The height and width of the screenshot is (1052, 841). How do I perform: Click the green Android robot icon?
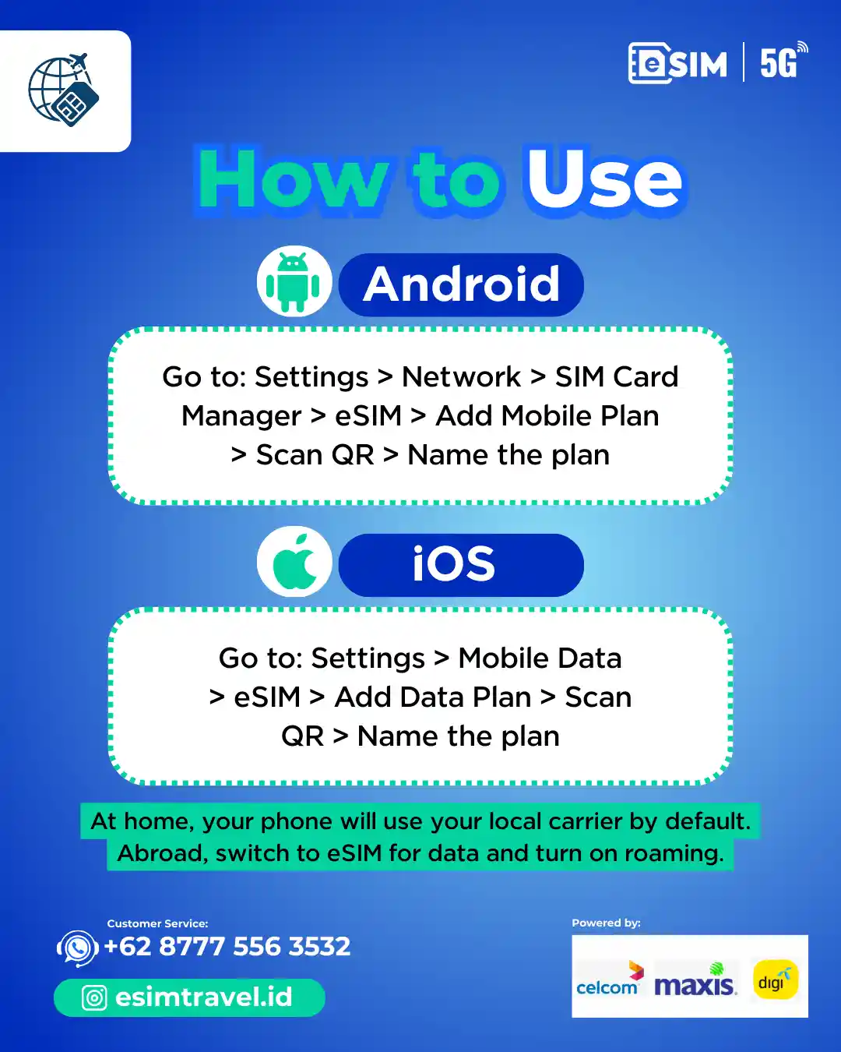click(293, 282)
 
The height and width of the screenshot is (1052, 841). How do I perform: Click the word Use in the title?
click(604, 179)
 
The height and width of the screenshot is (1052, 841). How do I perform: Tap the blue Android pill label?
click(461, 284)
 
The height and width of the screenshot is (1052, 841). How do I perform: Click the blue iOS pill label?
click(461, 565)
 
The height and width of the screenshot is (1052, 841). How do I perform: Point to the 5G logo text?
click(783, 62)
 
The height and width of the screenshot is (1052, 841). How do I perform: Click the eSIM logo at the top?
click(677, 63)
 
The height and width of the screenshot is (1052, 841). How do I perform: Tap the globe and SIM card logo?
click(64, 90)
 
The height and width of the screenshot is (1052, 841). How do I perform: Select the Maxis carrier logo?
click(695, 980)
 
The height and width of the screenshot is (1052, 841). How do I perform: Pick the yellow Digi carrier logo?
click(775, 980)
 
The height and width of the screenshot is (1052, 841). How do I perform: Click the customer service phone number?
click(227, 946)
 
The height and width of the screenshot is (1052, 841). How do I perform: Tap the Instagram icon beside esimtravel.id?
click(93, 997)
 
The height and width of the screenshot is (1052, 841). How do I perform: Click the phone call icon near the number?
click(77, 948)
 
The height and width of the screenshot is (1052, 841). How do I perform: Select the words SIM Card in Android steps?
click(617, 377)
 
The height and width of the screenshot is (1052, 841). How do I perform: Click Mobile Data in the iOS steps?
click(540, 658)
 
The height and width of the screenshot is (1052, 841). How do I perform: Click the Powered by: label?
click(606, 923)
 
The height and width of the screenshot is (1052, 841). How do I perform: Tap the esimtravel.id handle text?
click(203, 997)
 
